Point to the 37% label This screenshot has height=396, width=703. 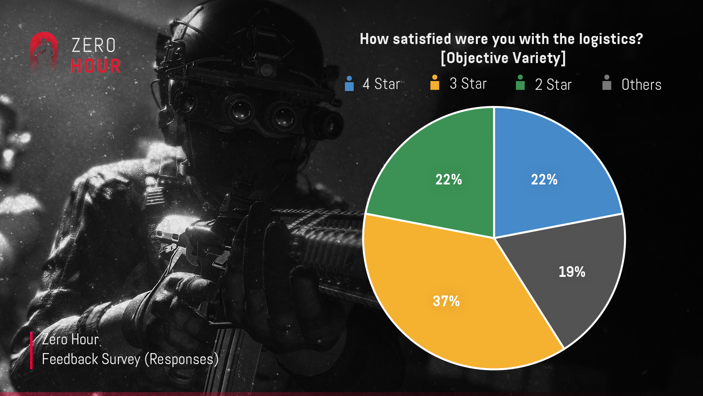(446, 301)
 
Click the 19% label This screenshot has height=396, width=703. (572, 272)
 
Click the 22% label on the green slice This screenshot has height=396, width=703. (449, 180)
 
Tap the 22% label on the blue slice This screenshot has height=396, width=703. (544, 180)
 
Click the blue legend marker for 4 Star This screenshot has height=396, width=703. (349, 84)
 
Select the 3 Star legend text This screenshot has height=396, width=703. (468, 84)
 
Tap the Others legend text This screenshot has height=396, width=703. (641, 85)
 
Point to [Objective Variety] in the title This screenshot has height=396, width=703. (503, 58)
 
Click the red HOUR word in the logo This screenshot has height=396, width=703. (96, 66)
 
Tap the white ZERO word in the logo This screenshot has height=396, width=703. (94, 46)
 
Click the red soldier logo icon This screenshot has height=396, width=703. (44, 51)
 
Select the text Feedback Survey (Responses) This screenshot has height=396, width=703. (130, 359)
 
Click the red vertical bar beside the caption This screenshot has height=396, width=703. (31, 350)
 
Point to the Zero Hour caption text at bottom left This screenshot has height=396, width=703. (70, 340)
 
